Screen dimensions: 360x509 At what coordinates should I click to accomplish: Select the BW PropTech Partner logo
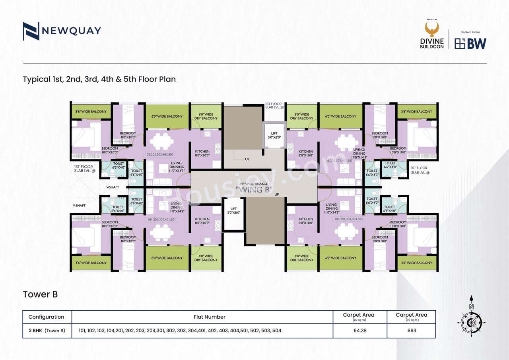(470, 43)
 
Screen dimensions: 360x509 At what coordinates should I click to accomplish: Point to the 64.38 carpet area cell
(359, 330)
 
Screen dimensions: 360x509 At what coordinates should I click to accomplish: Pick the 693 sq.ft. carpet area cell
(411, 330)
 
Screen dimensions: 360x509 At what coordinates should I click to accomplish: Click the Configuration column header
(47, 317)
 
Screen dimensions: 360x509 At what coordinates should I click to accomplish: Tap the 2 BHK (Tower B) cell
(47, 330)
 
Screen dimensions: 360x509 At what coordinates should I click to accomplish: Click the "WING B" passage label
(254, 190)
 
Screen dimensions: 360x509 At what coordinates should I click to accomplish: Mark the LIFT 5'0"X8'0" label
(234, 210)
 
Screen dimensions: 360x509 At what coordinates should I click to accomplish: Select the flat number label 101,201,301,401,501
(161, 219)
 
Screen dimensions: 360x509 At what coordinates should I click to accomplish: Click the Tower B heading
(40, 294)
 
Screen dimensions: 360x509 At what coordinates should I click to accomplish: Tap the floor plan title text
(99, 79)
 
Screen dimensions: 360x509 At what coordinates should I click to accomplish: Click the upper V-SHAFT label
(113, 187)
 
